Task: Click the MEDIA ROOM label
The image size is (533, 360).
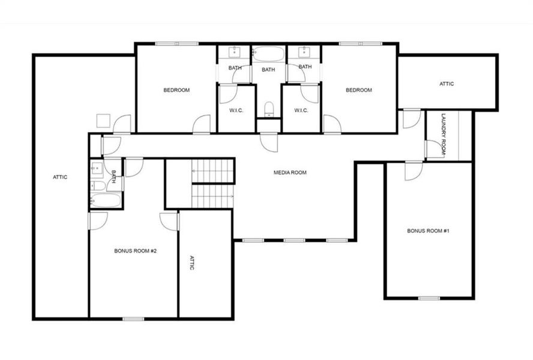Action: tap(290, 173)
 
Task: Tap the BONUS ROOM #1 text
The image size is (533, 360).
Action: tap(429, 230)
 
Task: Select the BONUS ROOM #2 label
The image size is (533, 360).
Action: tap(135, 251)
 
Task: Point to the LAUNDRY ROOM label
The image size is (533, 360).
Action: tap(444, 135)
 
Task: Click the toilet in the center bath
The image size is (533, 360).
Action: tap(269, 109)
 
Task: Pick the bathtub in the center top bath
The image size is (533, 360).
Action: tap(269, 55)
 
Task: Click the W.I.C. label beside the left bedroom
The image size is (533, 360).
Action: tap(235, 110)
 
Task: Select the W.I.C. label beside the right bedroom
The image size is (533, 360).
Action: tap(301, 110)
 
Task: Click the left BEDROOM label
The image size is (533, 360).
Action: tap(176, 90)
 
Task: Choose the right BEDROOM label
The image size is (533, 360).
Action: tap(358, 90)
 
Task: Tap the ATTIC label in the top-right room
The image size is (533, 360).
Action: tap(447, 84)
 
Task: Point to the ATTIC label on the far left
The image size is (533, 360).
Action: tap(60, 177)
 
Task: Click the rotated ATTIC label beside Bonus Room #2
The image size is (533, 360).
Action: tap(192, 263)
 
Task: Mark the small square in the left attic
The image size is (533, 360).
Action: tap(102, 120)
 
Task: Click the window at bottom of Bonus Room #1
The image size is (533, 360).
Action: tap(429, 298)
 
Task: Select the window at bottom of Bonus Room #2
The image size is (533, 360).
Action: tap(133, 319)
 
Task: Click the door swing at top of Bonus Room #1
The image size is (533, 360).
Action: tap(413, 170)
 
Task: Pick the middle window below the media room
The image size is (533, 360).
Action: tap(294, 241)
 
